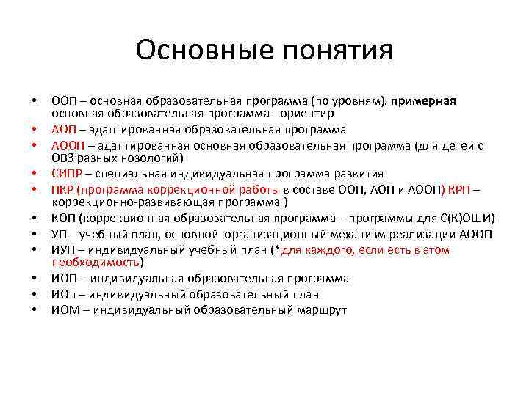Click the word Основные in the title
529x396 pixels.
point(195,50)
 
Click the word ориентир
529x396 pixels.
point(309,114)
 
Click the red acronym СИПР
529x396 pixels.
point(67,174)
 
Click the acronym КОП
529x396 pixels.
point(62,218)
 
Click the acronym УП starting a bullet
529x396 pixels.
point(59,234)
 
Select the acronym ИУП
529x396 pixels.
point(62,249)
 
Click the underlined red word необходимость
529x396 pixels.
point(95,262)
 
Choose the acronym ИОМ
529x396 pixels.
point(64,309)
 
